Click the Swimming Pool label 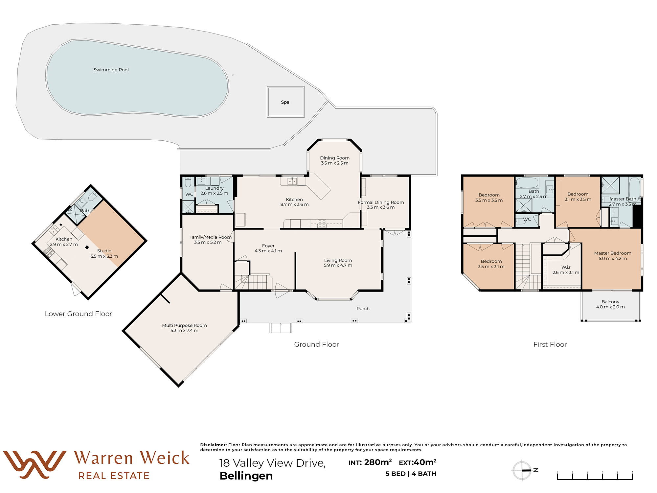[x=111, y=70]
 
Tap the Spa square [x=285, y=102]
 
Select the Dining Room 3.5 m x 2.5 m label [x=335, y=160]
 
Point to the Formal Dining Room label [x=381, y=202]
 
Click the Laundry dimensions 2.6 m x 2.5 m [x=214, y=193]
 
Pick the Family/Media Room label [x=210, y=237]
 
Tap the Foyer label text [x=268, y=246]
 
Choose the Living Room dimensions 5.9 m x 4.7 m [x=338, y=265]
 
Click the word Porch [x=363, y=308]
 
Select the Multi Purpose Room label [x=184, y=325]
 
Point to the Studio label [x=104, y=251]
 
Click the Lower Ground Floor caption [x=78, y=314]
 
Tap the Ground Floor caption [x=316, y=344]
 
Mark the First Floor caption [x=550, y=344]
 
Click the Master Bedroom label [x=613, y=253]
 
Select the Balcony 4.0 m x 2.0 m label [x=610, y=304]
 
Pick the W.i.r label [x=566, y=267]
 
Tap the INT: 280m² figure [x=370, y=462]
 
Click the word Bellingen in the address [x=246, y=476]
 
